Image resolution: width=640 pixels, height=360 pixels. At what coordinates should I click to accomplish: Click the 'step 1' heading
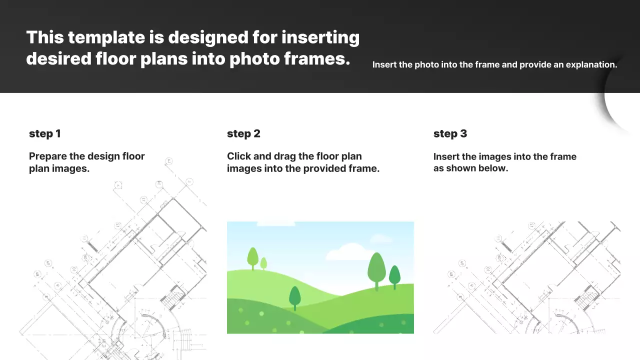click(x=44, y=133)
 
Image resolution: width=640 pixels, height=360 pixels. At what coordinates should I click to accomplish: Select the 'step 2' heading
click(x=243, y=133)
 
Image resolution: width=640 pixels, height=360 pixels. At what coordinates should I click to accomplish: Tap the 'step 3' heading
click(x=450, y=133)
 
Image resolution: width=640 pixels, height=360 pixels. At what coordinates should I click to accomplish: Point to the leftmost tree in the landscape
click(x=252, y=257)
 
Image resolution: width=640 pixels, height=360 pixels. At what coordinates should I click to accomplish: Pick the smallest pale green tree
click(x=263, y=263)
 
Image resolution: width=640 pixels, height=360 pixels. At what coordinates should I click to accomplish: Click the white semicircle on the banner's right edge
click(x=622, y=95)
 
